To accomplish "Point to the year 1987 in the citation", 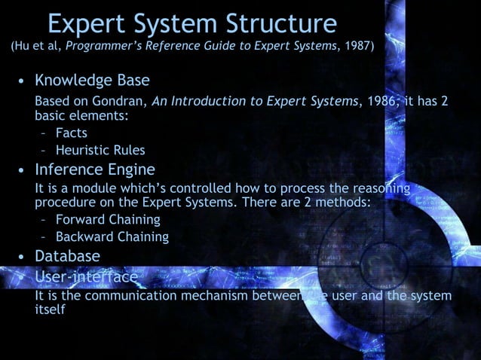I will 356,47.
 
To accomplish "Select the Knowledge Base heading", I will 92,80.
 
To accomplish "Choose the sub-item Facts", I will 71,133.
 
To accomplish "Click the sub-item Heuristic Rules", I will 100,150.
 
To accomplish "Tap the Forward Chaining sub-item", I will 108,220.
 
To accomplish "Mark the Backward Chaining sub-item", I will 112,236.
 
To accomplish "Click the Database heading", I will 67,256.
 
